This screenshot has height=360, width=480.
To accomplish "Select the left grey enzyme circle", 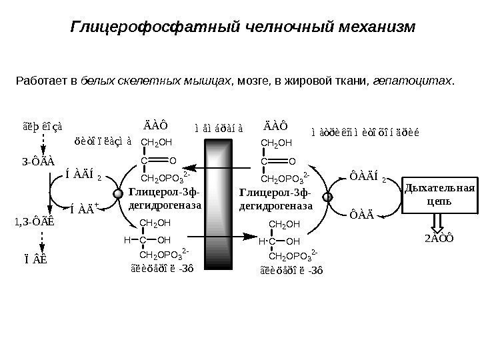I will click(x=119, y=194).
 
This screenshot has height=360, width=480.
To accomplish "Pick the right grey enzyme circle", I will click(x=327, y=197).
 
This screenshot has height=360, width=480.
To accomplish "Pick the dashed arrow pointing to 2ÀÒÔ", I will click(x=438, y=222).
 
